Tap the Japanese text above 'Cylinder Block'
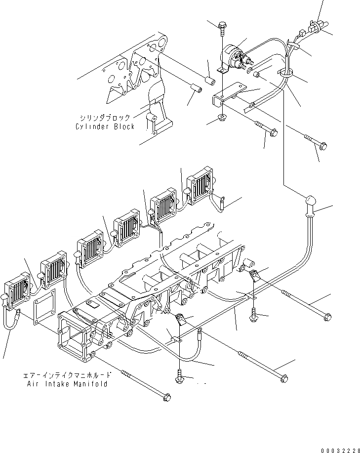click(x=105, y=118)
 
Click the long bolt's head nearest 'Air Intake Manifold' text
click(x=166, y=396)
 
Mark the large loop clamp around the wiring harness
click(x=287, y=74)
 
